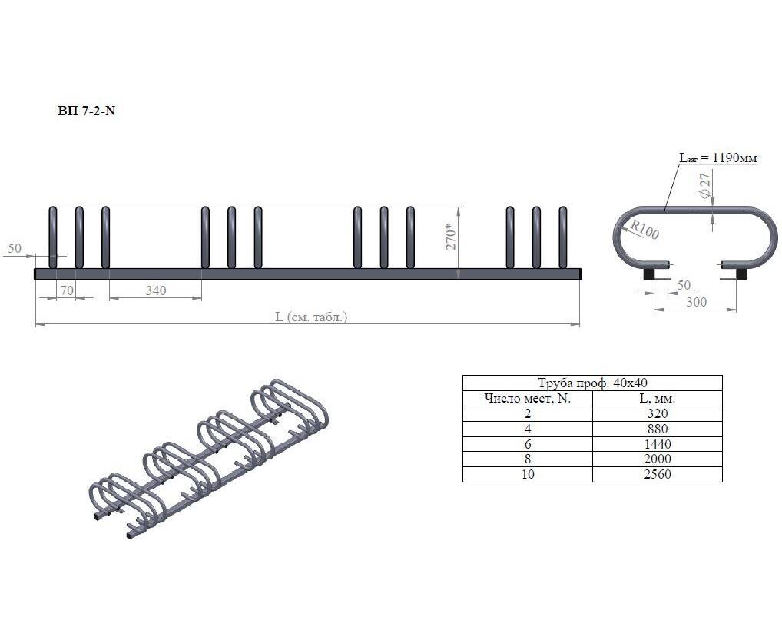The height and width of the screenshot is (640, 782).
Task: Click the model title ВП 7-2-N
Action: pyautogui.click(x=86, y=111)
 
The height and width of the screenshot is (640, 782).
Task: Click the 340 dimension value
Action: pyautogui.click(x=156, y=290)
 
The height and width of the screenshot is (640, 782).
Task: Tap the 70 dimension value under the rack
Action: pyautogui.click(x=66, y=290)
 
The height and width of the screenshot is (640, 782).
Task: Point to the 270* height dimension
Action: pyautogui.click(x=451, y=238)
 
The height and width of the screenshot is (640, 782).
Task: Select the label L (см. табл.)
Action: pyautogui.click(x=311, y=317)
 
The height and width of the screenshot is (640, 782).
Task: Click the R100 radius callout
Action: pyautogui.click(x=644, y=229)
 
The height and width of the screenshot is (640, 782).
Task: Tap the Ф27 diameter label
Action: pyautogui.click(x=704, y=186)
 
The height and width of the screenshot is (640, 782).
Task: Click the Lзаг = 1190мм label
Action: pyautogui.click(x=718, y=158)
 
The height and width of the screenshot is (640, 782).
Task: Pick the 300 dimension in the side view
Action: pyautogui.click(x=696, y=302)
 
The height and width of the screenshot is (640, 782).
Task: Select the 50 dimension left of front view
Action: pyautogui.click(x=15, y=248)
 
